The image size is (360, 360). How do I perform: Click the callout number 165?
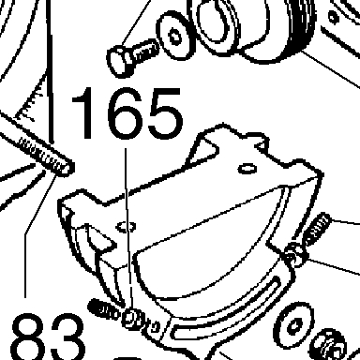[127, 112]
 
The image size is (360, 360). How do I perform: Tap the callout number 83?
[49, 337]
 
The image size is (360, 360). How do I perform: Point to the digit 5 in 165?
[165, 112]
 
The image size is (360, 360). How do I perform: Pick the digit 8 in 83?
[29, 337]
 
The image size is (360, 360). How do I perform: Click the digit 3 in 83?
[67, 337]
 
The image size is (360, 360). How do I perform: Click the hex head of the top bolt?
[120, 62]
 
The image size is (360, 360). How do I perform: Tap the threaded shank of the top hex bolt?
[145, 52]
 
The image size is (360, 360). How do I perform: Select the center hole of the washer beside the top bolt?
[175, 37]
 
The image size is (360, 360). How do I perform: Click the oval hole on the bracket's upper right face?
[247, 169]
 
